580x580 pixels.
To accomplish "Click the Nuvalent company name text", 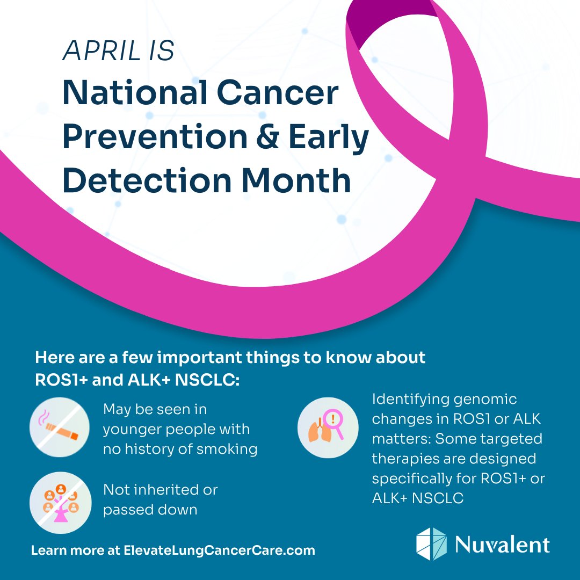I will pos(503,543).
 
